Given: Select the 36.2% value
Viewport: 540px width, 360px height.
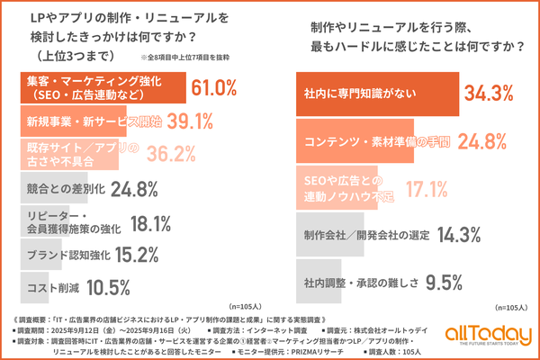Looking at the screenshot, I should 171,155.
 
